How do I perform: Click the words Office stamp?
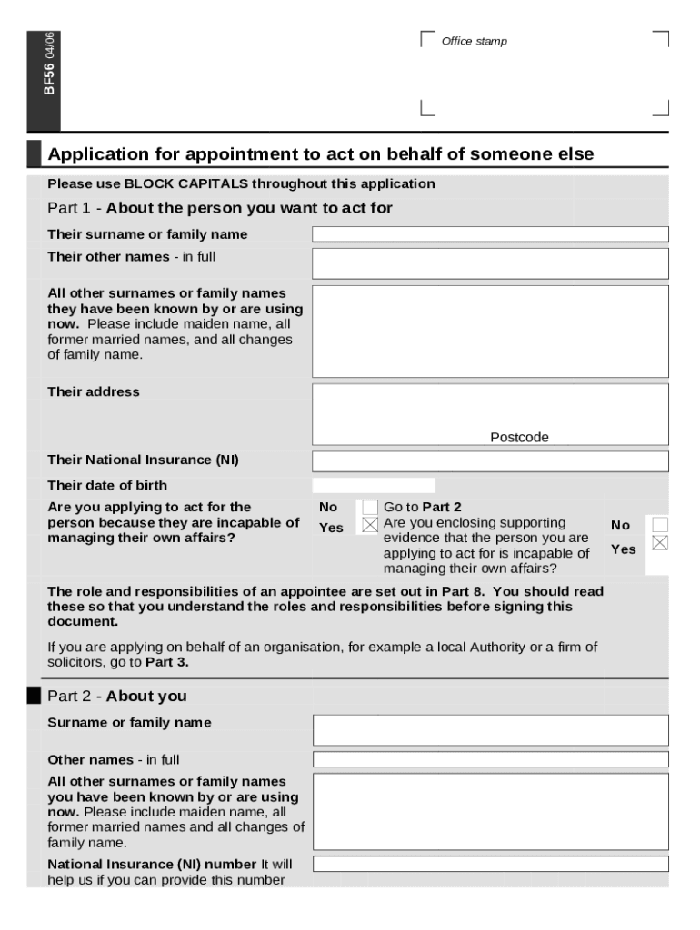coord(474,42)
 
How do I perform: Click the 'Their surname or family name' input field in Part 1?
coord(490,234)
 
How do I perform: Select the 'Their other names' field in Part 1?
coord(490,263)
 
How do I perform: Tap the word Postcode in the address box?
coord(519,438)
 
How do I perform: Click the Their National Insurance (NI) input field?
coord(490,460)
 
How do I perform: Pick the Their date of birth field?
coord(374,486)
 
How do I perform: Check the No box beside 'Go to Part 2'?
coord(370,507)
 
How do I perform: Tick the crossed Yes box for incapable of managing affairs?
coord(370,525)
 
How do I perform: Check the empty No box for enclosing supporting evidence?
coord(660,524)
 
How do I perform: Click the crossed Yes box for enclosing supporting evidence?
coord(660,543)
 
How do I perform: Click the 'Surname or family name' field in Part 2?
coord(490,730)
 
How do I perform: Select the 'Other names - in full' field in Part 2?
coord(490,759)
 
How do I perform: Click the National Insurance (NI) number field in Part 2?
coord(490,864)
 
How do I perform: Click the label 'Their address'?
coord(94,392)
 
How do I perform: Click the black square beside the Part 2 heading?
coord(35,696)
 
